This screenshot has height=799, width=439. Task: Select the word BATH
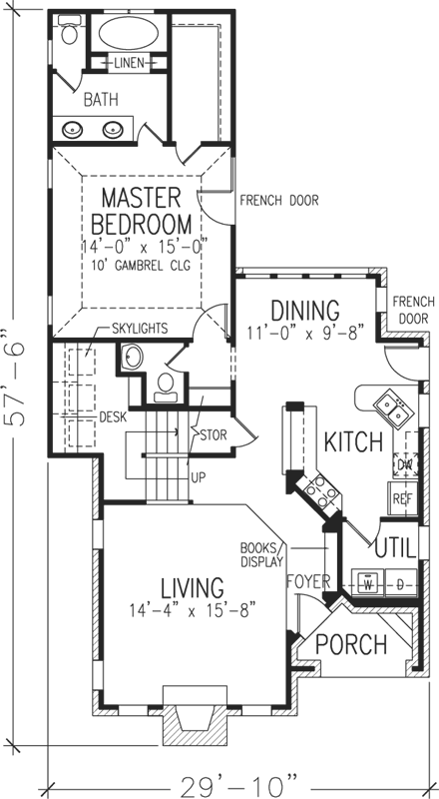pyautogui.click(x=100, y=99)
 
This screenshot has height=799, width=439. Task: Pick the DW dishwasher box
pyautogui.click(x=404, y=464)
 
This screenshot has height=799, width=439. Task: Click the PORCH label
pyautogui.click(x=350, y=645)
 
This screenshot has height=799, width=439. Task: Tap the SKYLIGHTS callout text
pyautogui.click(x=139, y=327)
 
